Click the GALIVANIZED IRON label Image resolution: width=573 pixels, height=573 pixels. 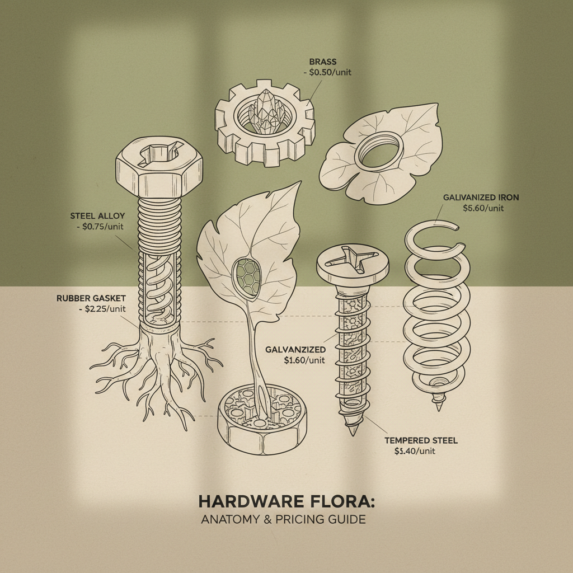[x=481, y=197]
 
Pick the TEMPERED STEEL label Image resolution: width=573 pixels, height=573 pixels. [x=421, y=440]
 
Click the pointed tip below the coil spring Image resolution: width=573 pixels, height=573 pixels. [x=438, y=404]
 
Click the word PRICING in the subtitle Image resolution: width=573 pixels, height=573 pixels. [x=298, y=519]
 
